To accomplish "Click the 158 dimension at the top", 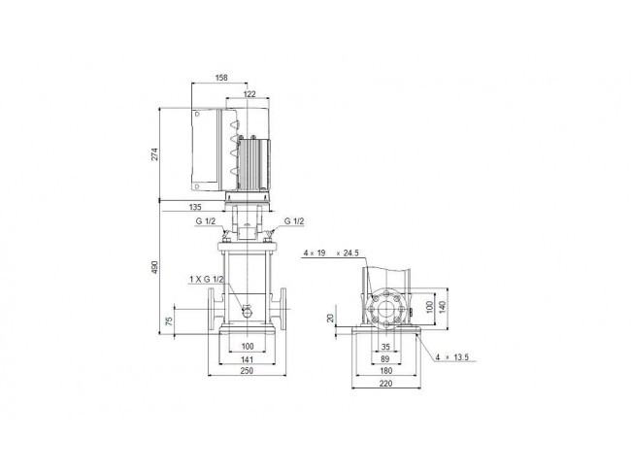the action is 221,78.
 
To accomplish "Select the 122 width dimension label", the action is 249,94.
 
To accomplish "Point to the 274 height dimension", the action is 155,154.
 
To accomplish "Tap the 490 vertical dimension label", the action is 155,267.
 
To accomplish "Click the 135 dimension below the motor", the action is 195,208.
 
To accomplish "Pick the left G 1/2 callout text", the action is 206,221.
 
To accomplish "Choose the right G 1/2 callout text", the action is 294,221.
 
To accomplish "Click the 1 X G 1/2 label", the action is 207,279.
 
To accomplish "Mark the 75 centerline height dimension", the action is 170,320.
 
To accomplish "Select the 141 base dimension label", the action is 247,359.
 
